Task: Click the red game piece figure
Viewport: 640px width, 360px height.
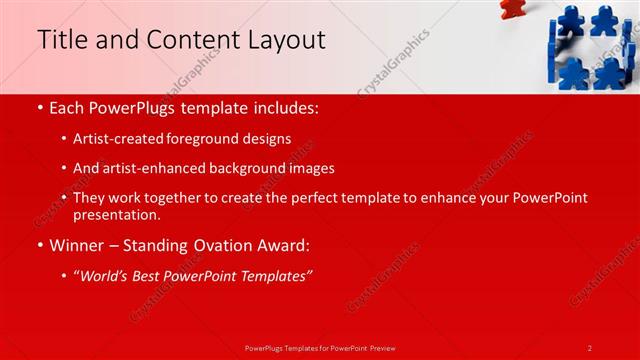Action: (x=511, y=8)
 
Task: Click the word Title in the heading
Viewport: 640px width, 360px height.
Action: (x=60, y=40)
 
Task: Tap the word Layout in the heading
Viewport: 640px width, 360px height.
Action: (x=290, y=40)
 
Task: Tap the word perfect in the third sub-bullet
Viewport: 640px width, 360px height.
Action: (x=315, y=198)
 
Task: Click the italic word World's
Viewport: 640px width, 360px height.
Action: (x=109, y=274)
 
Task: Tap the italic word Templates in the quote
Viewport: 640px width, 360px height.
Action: (x=274, y=274)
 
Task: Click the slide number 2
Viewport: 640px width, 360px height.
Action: (x=590, y=347)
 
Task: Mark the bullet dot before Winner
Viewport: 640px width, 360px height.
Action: (x=39, y=245)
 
